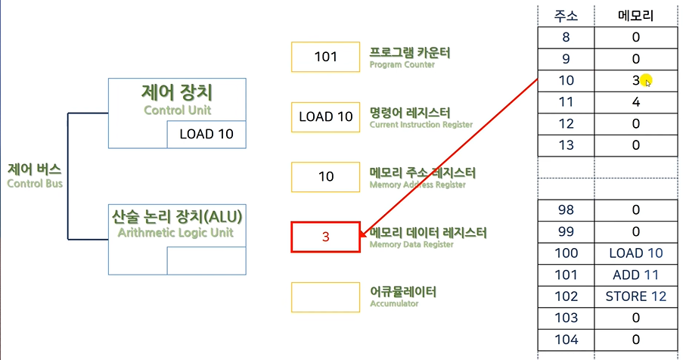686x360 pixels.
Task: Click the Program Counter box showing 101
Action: coord(325,57)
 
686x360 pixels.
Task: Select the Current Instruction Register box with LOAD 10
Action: coord(325,116)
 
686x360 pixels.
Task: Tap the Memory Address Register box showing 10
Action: coord(325,176)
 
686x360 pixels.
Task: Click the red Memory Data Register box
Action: coord(325,237)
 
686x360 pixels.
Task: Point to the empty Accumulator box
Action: coord(325,296)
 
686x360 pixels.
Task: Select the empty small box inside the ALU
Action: coord(206,260)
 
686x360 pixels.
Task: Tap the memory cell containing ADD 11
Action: coord(636,275)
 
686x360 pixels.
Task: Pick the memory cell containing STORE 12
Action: coord(636,296)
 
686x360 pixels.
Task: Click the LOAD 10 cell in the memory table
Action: coord(636,253)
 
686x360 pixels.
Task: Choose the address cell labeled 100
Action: coord(566,253)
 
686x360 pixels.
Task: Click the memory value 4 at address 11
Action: coord(636,101)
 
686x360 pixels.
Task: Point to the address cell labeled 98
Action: coord(566,210)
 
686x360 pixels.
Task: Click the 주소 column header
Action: coord(566,15)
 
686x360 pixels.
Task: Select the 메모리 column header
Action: coord(636,15)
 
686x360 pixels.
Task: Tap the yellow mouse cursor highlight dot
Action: coord(645,80)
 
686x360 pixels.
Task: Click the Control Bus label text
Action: coord(36,175)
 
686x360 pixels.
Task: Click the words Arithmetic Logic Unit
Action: coord(177,232)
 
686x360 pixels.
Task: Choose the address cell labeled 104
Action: coord(566,339)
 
